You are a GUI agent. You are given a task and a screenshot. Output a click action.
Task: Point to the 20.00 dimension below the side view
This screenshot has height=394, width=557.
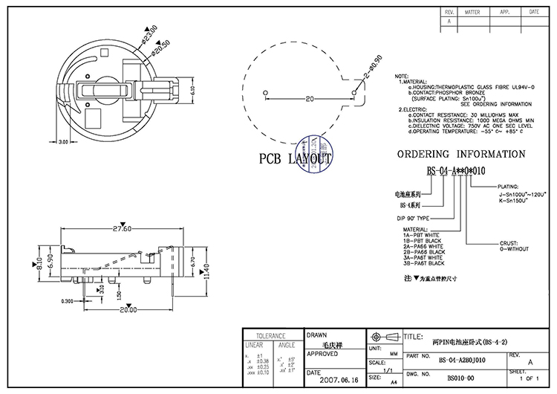pyautogui.click(x=128, y=310)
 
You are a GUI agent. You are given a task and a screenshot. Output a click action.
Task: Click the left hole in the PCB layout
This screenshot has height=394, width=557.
pyautogui.click(x=265, y=92)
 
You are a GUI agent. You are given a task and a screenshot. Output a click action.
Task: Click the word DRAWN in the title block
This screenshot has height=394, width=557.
pyautogui.click(x=316, y=335)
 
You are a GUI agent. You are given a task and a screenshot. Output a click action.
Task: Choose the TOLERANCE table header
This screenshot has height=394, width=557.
pyautogui.click(x=270, y=335)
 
